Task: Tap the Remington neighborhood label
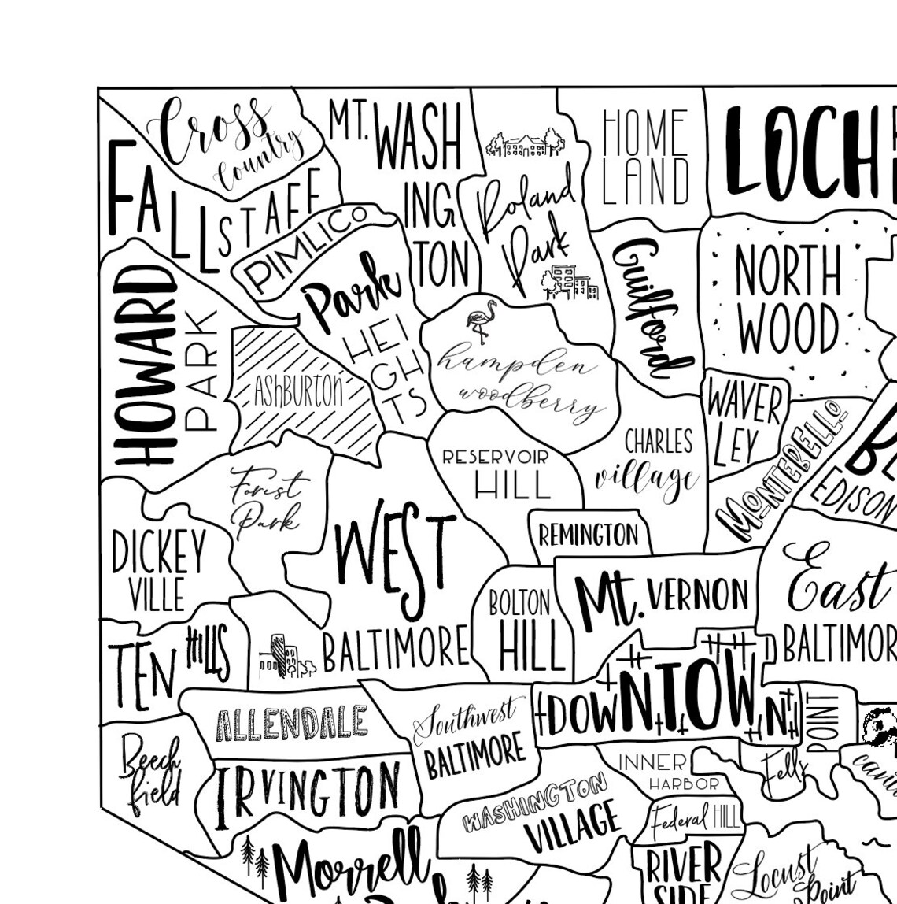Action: [588, 535]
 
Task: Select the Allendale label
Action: [291, 723]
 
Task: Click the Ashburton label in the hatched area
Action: [298, 391]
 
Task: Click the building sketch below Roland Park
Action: [570, 283]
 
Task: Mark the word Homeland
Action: [644, 157]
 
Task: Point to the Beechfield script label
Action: [149, 772]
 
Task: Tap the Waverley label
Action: [743, 421]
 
